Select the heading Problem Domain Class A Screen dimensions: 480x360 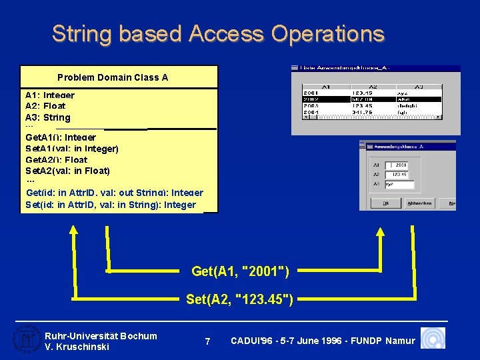tap(113, 77)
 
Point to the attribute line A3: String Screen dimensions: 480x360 tap(47, 117)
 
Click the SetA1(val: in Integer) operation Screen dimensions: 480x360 tap(72, 149)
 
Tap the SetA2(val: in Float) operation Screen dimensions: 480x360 tap(67, 171)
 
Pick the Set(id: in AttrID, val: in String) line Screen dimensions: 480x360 tap(111, 205)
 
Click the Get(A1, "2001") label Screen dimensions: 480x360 tap(240, 271)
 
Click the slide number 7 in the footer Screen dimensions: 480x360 tap(207, 341)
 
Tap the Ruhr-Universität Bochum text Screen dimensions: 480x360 tap(101, 336)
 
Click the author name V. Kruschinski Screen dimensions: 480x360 tap(76, 347)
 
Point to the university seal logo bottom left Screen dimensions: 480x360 tap(25, 339)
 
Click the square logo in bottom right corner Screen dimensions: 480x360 tap(434, 339)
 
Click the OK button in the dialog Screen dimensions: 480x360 tap(385, 203)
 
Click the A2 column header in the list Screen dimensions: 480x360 tap(373, 86)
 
